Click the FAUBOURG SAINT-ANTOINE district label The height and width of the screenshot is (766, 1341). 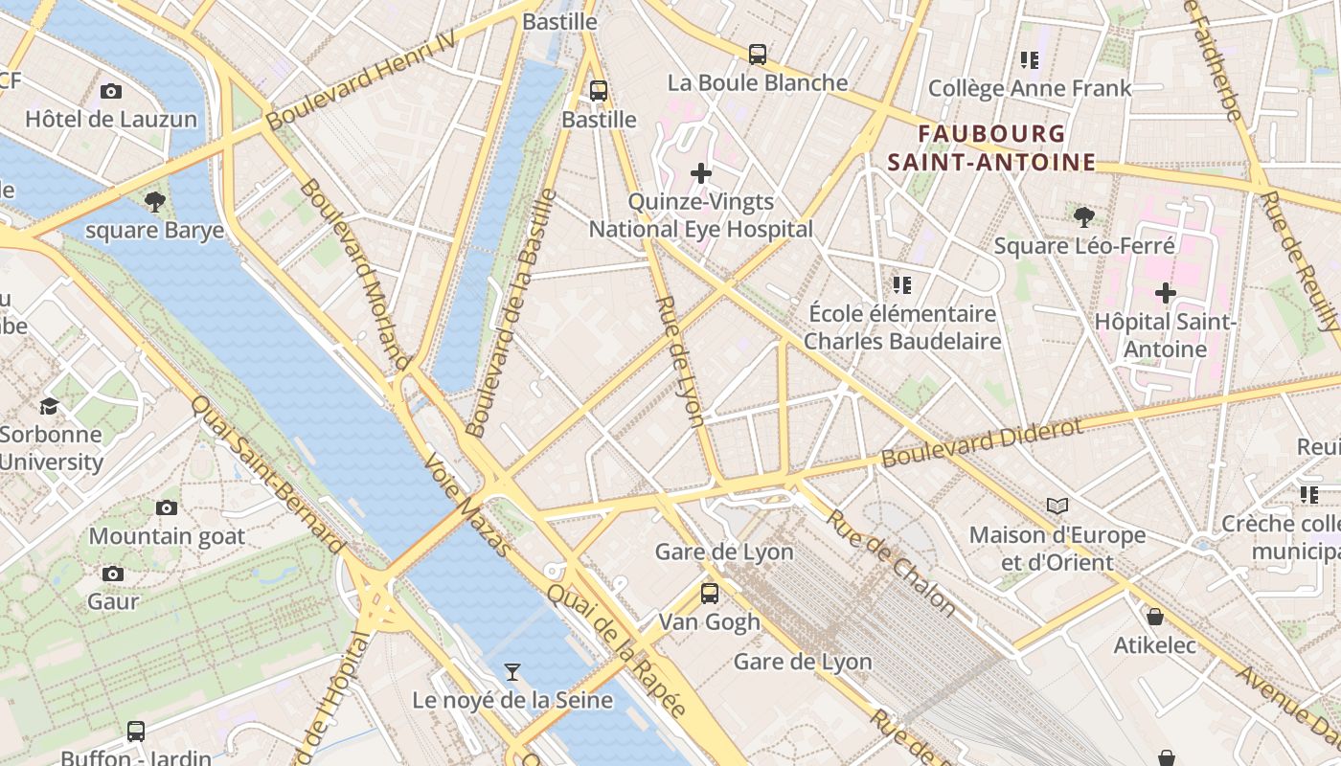(x=991, y=147)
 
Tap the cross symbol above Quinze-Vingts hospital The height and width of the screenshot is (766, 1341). (x=701, y=173)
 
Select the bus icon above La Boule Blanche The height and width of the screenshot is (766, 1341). (x=758, y=55)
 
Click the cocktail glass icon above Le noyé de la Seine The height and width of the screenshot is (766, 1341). (x=512, y=672)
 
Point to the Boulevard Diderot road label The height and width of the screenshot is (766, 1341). (x=981, y=442)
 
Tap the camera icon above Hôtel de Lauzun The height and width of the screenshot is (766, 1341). (x=111, y=92)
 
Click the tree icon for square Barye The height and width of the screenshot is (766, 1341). (x=154, y=202)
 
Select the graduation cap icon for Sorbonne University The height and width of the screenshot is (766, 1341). (x=49, y=406)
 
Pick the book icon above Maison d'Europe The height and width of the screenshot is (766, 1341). (x=1057, y=506)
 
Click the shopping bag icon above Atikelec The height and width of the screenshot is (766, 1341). (x=1155, y=617)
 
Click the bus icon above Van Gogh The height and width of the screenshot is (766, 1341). (x=709, y=594)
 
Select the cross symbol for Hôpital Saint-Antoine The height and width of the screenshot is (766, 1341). (x=1165, y=293)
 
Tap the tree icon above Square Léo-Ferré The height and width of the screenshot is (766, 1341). (x=1083, y=217)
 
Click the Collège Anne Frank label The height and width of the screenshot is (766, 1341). (x=1030, y=89)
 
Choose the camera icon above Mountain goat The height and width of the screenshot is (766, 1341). (x=167, y=507)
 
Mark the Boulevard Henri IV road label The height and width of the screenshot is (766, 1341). (x=360, y=87)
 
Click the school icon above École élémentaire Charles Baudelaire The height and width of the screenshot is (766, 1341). (x=901, y=285)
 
